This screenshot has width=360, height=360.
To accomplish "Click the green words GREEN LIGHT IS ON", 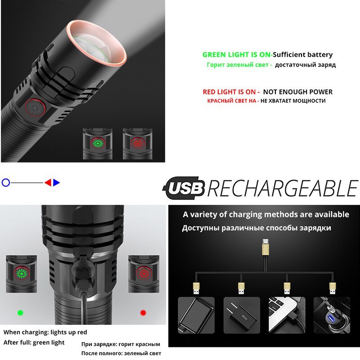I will (237, 55).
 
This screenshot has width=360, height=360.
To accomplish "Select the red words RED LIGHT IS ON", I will (231, 92).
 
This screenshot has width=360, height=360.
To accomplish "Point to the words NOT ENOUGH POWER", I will (298, 92).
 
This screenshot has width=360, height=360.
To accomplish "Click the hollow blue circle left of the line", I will (5, 183).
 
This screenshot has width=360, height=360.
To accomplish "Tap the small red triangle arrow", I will (47, 183).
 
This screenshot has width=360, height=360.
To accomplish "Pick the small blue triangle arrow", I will (56, 183).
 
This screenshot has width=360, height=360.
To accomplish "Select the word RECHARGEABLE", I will (283, 189).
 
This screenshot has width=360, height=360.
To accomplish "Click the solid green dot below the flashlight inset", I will (20, 312).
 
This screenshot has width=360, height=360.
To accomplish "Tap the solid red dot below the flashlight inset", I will (143, 312).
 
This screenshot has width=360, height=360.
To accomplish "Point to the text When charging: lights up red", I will (45, 332).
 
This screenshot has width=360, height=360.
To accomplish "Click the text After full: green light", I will (34, 342).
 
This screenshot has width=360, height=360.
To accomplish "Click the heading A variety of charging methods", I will (266, 214).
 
